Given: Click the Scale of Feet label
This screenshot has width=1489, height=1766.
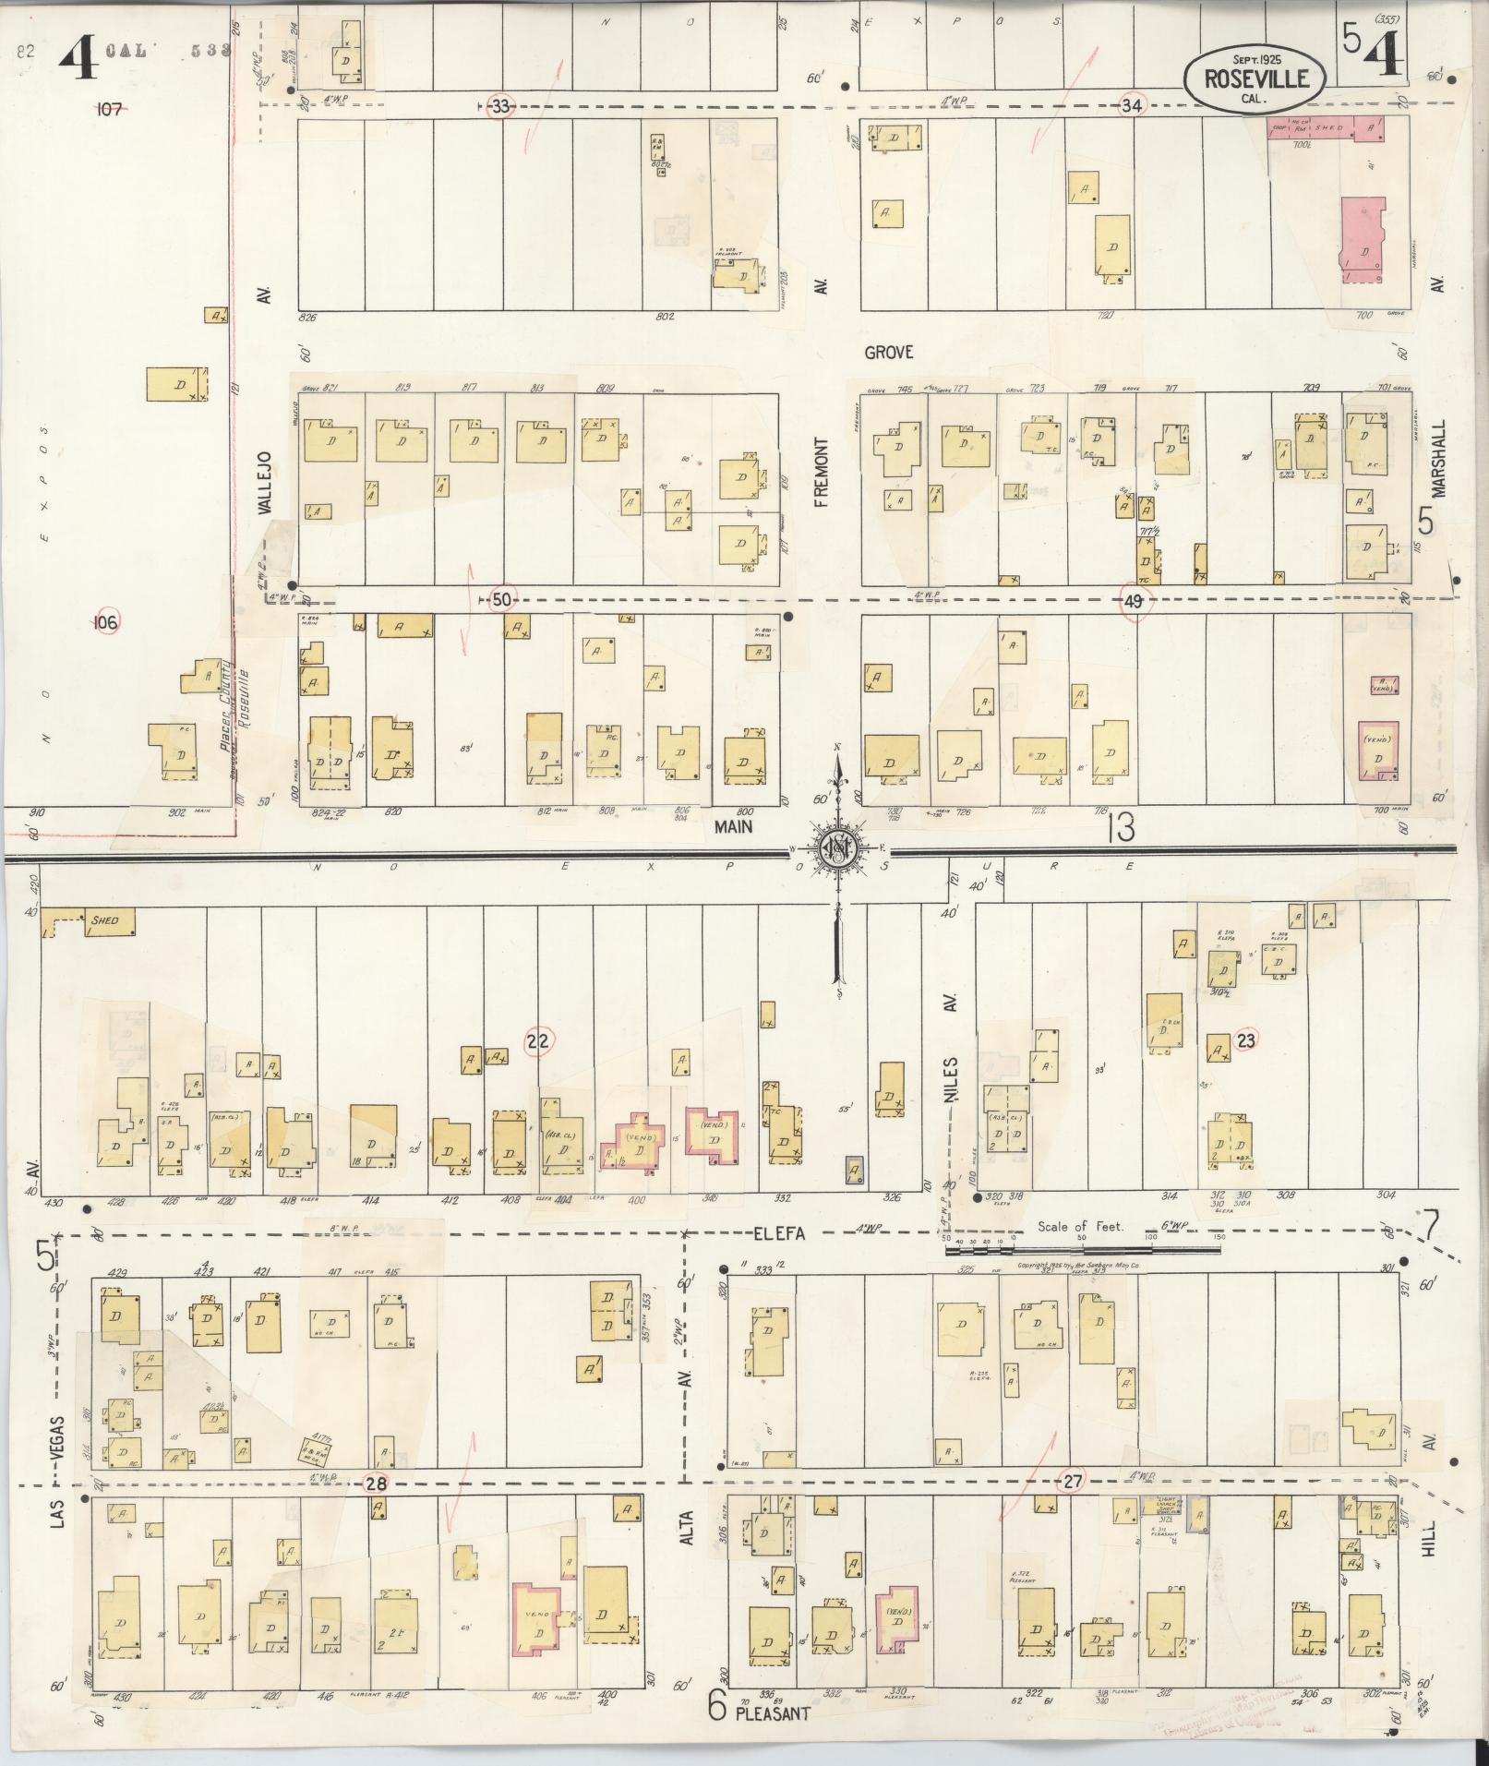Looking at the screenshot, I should (x=1080, y=1227).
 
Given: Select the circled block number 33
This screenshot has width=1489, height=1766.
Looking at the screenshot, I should (x=499, y=106).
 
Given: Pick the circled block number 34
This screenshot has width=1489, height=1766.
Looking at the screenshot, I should (x=1132, y=105).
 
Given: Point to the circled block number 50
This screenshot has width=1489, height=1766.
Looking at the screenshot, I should (x=501, y=600).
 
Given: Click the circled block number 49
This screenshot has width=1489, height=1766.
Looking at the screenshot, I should (x=1135, y=601).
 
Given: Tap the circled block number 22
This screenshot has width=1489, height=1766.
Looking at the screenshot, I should (x=538, y=1041).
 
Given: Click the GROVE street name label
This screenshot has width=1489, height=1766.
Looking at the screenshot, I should (x=889, y=352).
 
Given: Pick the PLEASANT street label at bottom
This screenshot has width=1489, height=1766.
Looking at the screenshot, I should (x=773, y=1713).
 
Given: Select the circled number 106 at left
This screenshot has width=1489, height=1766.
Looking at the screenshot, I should (x=106, y=623).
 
